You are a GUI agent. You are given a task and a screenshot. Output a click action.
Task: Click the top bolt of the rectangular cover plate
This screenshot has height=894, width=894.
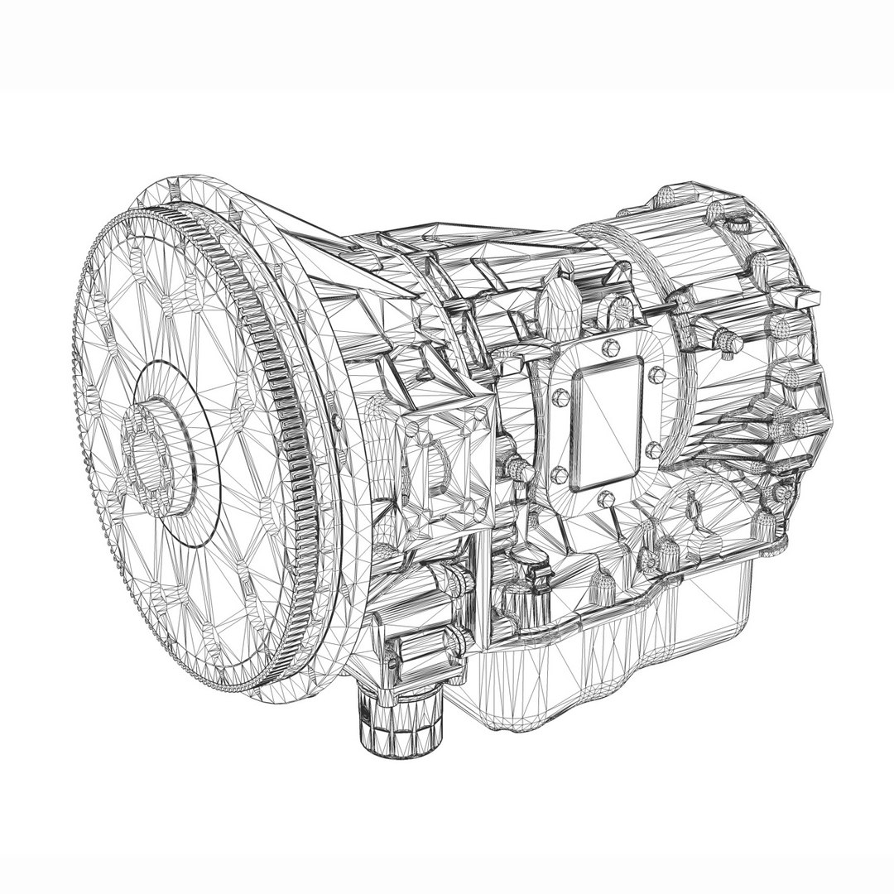[612, 345]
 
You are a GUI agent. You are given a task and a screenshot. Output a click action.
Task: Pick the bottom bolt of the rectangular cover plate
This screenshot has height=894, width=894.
[597, 501]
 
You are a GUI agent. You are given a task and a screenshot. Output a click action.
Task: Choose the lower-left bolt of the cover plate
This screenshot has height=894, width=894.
[556, 474]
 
